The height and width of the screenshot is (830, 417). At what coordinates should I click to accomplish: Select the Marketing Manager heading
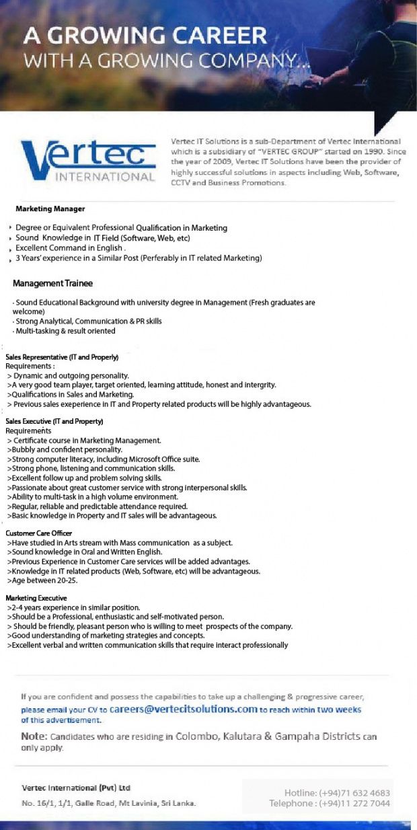coord(50,209)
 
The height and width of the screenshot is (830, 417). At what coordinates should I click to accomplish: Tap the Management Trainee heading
coord(52,283)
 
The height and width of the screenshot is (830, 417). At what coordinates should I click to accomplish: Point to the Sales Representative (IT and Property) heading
coord(62,356)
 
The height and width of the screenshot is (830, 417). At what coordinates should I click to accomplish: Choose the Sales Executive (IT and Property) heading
coord(54,421)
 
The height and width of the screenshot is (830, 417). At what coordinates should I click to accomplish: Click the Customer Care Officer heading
coord(38,533)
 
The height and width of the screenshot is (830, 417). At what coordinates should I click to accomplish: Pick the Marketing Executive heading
coord(36,598)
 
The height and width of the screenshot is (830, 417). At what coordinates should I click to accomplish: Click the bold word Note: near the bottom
coord(34,737)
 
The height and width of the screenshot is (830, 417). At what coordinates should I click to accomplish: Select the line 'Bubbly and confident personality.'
coord(65,449)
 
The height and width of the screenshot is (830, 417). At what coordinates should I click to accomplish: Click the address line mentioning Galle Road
coord(108,803)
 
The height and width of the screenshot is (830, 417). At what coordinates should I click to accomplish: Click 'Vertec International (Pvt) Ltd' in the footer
coord(76,788)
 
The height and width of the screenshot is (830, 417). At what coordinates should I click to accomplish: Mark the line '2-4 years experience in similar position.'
coord(74,607)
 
